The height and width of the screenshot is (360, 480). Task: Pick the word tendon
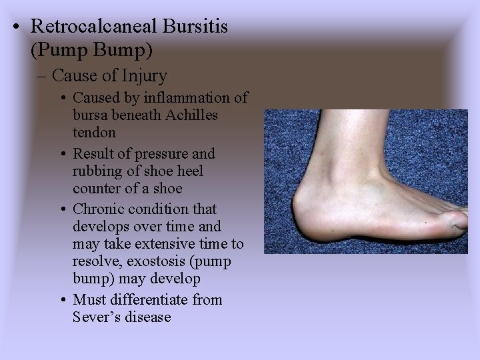coord(95,132)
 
